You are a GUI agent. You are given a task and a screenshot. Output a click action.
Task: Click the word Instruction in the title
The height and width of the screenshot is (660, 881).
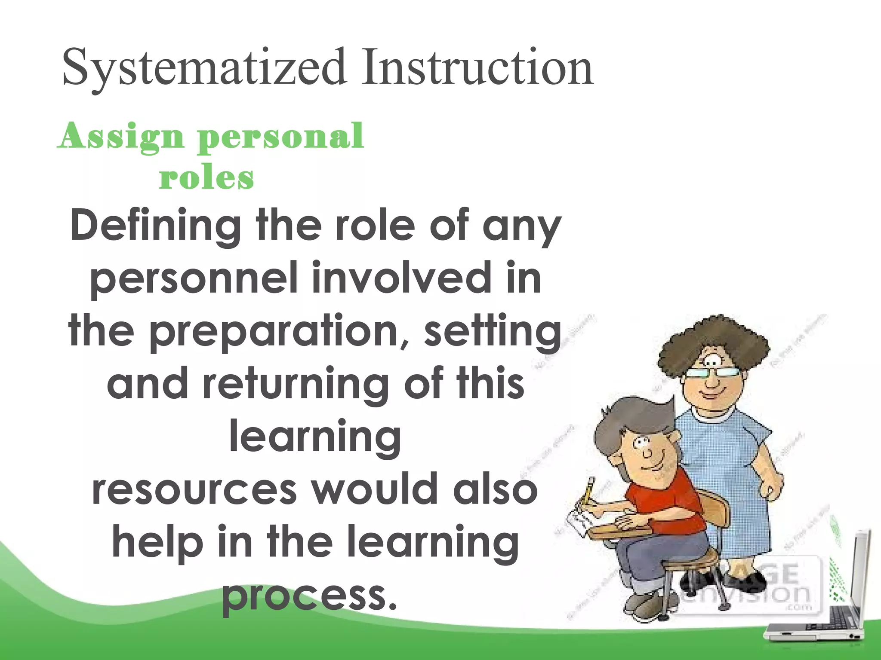click(x=477, y=68)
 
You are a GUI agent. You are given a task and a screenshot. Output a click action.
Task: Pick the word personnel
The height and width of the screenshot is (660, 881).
click(x=194, y=279)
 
